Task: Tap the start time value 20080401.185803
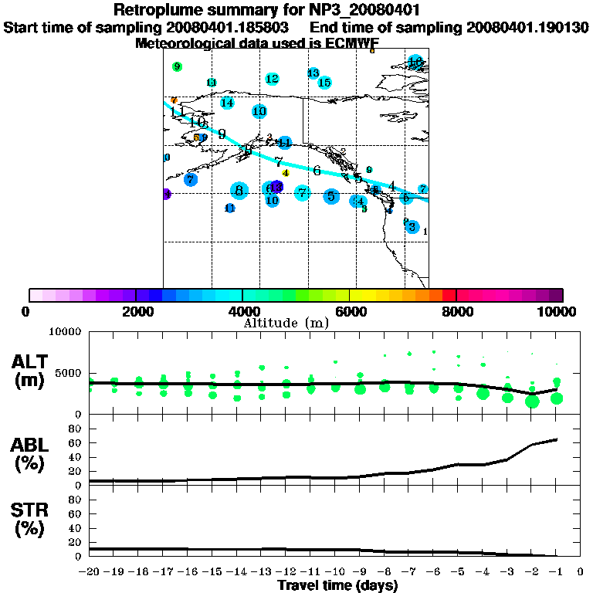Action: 229,27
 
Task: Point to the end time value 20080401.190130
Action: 527,27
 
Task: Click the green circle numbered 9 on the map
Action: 178,67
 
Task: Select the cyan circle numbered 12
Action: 272,79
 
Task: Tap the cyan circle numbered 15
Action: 324,83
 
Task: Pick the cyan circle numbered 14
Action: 227,103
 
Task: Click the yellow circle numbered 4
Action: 286,173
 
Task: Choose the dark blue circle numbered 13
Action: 276,188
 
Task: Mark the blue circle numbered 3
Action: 412,227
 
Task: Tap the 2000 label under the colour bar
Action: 136,311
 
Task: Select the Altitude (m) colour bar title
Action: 286,322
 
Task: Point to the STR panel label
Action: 29,519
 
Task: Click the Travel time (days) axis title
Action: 337,586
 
